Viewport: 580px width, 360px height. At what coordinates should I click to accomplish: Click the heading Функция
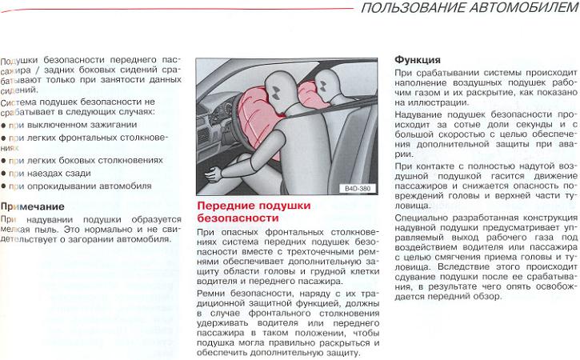point(418,60)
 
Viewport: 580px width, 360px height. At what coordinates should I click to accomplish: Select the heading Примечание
point(33,206)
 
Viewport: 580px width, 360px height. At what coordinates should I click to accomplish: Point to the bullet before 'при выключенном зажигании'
point(3,126)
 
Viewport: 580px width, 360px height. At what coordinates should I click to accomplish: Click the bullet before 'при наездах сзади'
point(3,173)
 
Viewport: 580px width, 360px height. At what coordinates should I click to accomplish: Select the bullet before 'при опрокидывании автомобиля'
point(3,187)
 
